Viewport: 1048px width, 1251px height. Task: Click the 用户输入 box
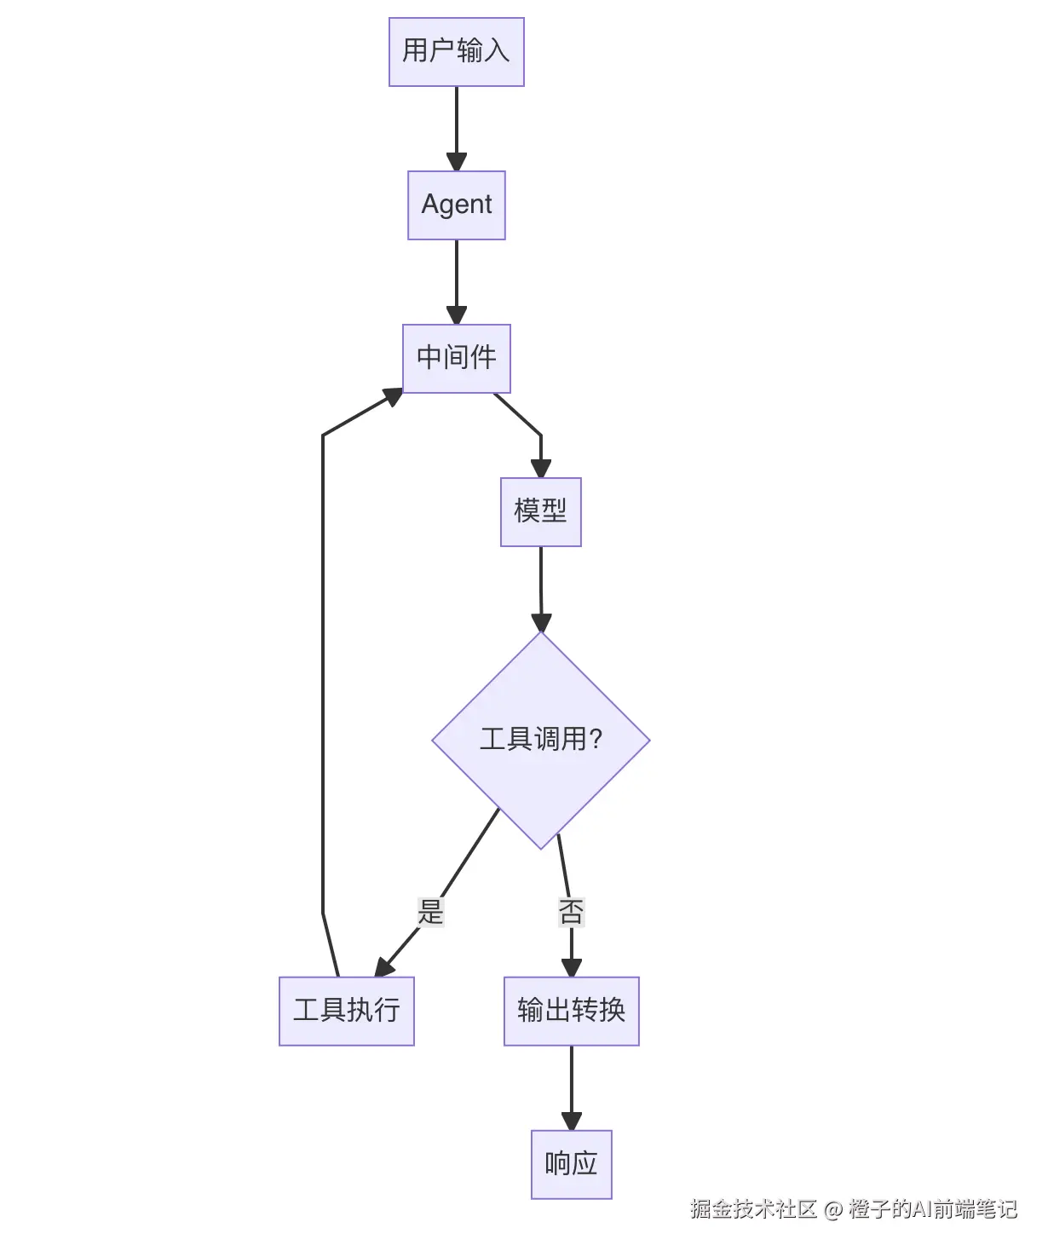pyautogui.click(x=456, y=52)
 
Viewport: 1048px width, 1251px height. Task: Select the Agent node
pyautogui.click(x=456, y=205)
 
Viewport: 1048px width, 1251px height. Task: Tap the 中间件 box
pyautogui.click(x=456, y=358)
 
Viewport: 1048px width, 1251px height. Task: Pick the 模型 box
pyautogui.click(x=540, y=511)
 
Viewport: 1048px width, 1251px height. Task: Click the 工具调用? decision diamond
pyautogui.click(x=540, y=740)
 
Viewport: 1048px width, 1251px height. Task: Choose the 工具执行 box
pyautogui.click(x=346, y=1011)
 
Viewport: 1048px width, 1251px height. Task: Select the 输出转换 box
pyautogui.click(x=571, y=1011)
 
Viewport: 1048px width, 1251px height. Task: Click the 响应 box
pyautogui.click(x=571, y=1164)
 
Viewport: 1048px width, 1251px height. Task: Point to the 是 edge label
pyautogui.click(x=430, y=912)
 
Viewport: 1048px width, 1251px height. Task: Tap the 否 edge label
pyautogui.click(x=571, y=912)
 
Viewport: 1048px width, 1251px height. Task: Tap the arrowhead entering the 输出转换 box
pyautogui.click(x=572, y=968)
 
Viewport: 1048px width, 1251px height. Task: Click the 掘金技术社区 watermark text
pyautogui.click(x=753, y=1208)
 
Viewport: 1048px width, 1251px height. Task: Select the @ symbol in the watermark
pyautogui.click(x=833, y=1209)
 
